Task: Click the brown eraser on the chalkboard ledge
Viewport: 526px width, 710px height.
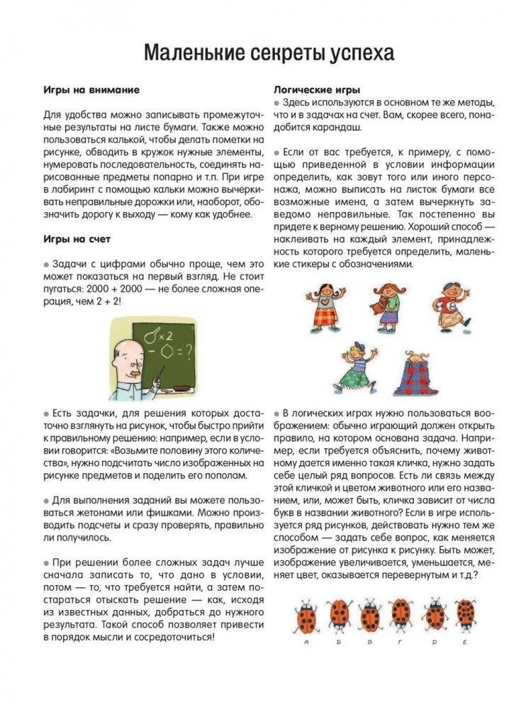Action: point(179,389)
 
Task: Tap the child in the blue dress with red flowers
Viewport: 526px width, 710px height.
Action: point(420,372)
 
